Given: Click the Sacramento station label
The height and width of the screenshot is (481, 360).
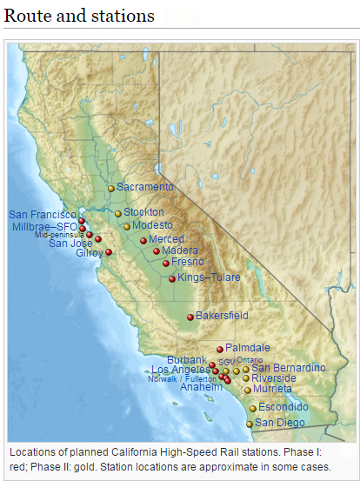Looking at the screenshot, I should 145,187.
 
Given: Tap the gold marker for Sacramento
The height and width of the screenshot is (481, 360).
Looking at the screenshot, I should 111,188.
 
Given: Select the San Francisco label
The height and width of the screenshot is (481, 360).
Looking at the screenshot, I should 43,214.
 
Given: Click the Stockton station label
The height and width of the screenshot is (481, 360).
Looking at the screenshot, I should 143,212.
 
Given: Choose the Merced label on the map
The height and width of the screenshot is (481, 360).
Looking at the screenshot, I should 166,239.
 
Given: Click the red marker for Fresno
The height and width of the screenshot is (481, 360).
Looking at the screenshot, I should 166,263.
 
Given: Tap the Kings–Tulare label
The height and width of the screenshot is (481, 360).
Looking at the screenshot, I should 209,277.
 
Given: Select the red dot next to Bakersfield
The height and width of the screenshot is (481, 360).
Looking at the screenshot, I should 190,317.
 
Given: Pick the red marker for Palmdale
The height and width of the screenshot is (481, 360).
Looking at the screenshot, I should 220,350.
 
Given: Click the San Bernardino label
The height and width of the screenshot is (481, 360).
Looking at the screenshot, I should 289,368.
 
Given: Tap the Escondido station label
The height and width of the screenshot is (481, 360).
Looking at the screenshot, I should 283,407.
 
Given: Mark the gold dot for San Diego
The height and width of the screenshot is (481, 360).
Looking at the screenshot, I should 250,424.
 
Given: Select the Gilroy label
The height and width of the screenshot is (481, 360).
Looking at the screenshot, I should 89,253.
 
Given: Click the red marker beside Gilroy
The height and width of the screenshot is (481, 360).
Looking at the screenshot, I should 109,252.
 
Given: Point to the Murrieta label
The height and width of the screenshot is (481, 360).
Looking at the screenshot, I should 274,389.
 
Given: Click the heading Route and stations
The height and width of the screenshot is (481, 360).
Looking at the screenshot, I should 79,16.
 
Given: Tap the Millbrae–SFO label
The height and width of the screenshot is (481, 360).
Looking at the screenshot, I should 44,226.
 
